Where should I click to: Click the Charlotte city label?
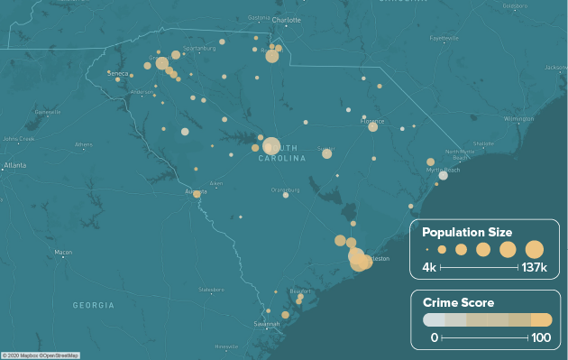point(287,19)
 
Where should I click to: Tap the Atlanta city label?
point(14,166)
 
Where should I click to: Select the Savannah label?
point(267,323)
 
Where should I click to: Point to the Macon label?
point(63,253)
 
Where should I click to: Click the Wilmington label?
point(518,118)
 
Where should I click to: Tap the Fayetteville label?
point(444,39)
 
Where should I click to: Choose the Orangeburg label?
point(285,189)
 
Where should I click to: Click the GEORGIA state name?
point(94,306)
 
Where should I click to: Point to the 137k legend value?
point(534,268)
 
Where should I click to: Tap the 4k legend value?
point(429,268)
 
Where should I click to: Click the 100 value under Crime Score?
point(539,337)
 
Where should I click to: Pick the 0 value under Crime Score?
point(434,337)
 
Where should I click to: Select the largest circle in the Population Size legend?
point(535,249)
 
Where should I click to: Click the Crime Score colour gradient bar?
point(487,319)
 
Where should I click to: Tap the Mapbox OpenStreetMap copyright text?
point(40,355)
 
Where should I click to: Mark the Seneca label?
point(118,73)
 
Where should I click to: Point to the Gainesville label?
point(47,112)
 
